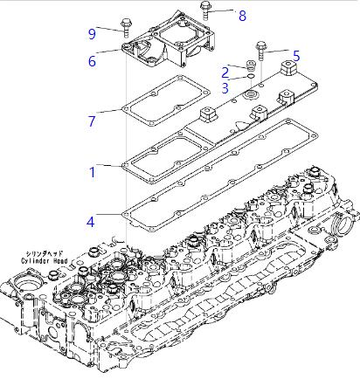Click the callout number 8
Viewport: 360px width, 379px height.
click(242, 16)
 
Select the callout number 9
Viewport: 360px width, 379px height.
click(92, 34)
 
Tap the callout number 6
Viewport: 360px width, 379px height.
click(92, 61)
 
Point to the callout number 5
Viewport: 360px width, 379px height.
click(296, 56)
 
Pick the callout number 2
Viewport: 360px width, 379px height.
click(225, 72)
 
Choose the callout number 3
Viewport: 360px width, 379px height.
click(225, 88)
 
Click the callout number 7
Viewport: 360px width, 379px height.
click(92, 121)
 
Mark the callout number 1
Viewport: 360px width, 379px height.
click(93, 172)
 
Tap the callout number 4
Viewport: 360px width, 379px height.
click(91, 222)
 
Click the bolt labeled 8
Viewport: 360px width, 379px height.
click(204, 10)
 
